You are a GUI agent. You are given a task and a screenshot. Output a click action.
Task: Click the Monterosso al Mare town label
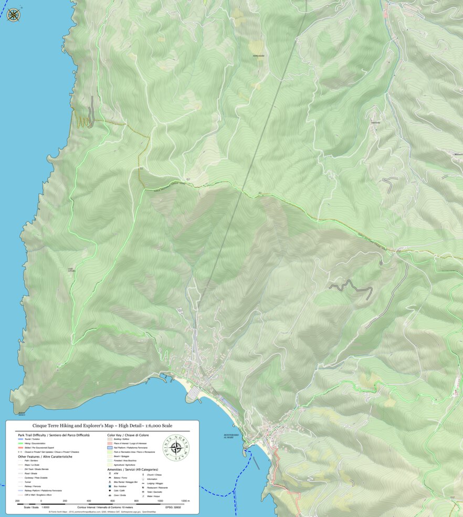coord(231,436)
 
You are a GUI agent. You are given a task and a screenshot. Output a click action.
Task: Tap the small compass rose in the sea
coord(14,15)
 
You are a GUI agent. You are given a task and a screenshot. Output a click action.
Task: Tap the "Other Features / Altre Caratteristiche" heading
coord(45,457)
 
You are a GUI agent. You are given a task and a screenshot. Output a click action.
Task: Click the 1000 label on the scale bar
coord(160,501)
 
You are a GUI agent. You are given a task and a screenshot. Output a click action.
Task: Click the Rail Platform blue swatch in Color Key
coord(110,448)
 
